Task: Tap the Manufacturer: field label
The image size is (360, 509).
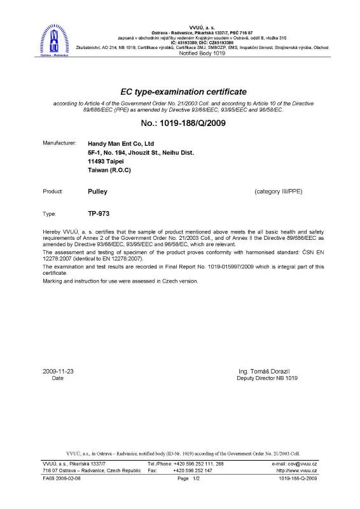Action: [x=59, y=143]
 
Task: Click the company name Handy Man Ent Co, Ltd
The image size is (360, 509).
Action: [x=121, y=144]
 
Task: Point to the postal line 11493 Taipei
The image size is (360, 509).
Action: [x=107, y=162]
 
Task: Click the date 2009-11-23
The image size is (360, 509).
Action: [x=59, y=370]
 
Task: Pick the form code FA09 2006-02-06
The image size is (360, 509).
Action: [x=62, y=478]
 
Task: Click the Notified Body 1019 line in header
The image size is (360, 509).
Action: [x=202, y=53]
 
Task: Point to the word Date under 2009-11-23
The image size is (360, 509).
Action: [x=57, y=378]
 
